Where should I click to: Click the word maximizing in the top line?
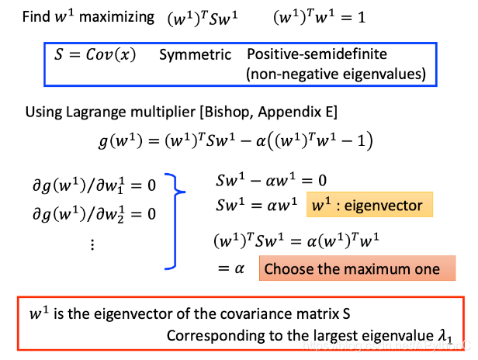[x=119, y=16]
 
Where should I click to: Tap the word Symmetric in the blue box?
[x=196, y=55]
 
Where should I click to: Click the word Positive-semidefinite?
[x=317, y=55]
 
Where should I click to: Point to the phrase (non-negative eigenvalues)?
[x=336, y=74]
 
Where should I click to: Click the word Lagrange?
[x=106, y=112]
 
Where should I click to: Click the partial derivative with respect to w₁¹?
[x=92, y=186]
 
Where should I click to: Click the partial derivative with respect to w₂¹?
[x=92, y=212]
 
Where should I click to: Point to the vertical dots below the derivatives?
[x=92, y=244]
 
